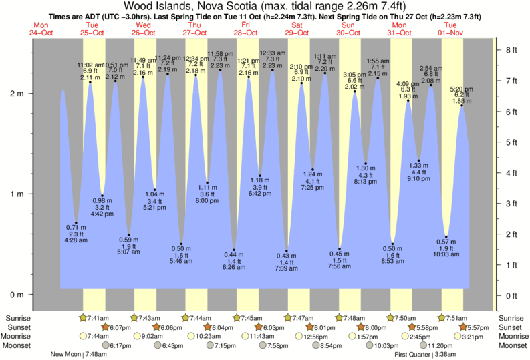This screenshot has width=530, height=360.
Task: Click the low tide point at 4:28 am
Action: point(76,222)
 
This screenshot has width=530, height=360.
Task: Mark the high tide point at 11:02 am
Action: point(90,82)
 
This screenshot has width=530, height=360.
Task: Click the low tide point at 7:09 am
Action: point(287,250)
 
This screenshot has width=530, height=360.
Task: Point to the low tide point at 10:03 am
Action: point(446,236)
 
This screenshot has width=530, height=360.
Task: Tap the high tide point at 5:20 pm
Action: point(461,105)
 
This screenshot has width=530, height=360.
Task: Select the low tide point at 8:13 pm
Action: point(366,164)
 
